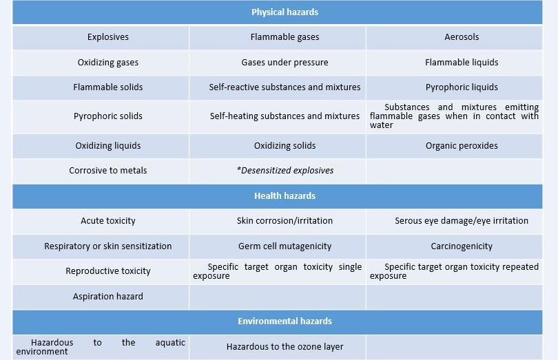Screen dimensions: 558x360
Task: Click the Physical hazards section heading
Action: coord(285,12)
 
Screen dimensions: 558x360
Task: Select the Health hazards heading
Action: coord(285,196)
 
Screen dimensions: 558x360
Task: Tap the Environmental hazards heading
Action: coord(285,321)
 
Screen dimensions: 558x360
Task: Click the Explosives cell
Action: coord(108,37)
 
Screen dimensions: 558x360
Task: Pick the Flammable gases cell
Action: coord(285,37)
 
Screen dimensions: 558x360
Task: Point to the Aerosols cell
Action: coord(462,37)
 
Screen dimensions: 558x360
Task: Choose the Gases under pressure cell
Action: coord(285,63)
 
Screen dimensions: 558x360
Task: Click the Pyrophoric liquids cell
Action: coord(462,87)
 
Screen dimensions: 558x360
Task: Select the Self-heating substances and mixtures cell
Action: coord(285,116)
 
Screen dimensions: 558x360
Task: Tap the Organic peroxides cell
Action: coord(462,146)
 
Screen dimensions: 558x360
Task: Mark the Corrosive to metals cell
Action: coord(108,171)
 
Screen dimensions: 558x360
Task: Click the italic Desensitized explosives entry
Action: coord(285,171)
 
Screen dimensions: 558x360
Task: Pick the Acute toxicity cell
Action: coord(108,221)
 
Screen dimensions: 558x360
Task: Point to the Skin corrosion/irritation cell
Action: coord(285,221)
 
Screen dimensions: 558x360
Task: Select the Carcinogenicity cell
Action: coord(462,246)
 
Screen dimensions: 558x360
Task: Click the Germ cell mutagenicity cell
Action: coord(285,246)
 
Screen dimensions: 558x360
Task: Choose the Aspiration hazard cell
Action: coord(108,296)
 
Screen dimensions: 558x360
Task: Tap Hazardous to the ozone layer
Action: coord(285,346)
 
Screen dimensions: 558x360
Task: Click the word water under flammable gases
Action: coord(381,125)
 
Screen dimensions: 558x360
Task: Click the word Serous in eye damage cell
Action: coord(406,221)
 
